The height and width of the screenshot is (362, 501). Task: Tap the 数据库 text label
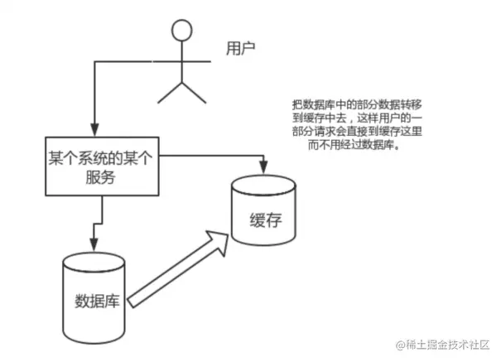coord(97,299)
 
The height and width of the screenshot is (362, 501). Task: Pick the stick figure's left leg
coord(171,91)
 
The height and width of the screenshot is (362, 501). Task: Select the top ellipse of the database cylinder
coord(96,262)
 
